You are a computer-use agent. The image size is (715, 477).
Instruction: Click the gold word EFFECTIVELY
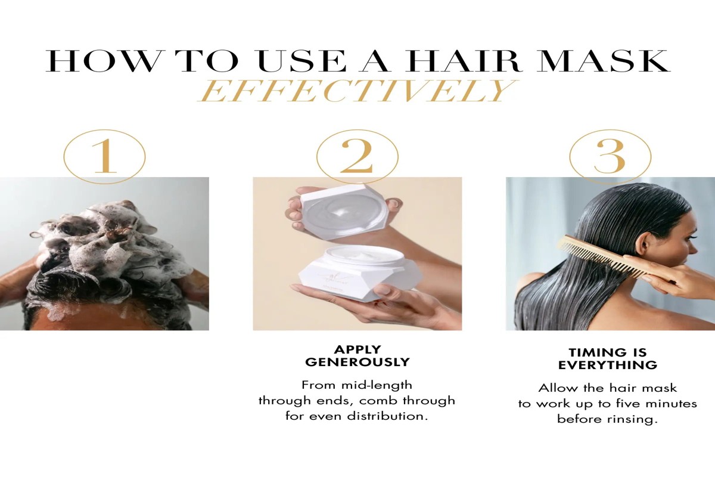click(x=356, y=91)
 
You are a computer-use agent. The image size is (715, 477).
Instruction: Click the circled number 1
click(x=104, y=156)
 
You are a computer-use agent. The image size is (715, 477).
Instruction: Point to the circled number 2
click(x=357, y=156)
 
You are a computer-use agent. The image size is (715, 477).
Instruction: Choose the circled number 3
click(x=610, y=156)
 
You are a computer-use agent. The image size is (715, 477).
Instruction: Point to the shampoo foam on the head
click(x=101, y=238)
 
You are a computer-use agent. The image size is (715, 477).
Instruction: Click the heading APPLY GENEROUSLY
click(x=357, y=355)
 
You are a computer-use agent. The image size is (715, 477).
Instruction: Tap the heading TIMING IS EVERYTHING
click(x=607, y=358)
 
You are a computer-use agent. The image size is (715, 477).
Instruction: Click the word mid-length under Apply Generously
click(x=374, y=385)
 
